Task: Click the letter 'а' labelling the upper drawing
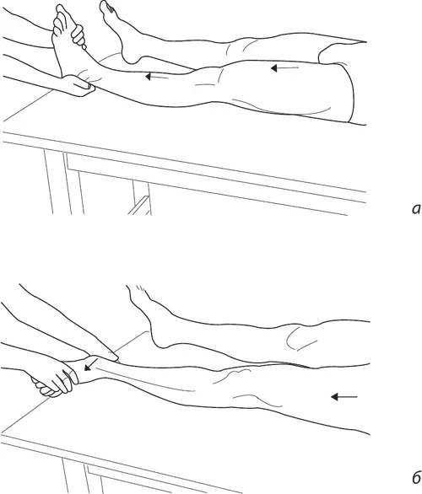coord(416,209)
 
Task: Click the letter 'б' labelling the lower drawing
coord(416,478)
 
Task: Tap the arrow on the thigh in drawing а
coord(284,67)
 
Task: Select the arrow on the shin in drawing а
coord(156,77)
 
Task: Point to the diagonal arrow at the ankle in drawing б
coord(91,364)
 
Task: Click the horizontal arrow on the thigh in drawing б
coord(344,397)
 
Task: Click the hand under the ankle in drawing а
coord(78,85)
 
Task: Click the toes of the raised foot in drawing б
coord(138,290)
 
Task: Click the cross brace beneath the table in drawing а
coord(139,206)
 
